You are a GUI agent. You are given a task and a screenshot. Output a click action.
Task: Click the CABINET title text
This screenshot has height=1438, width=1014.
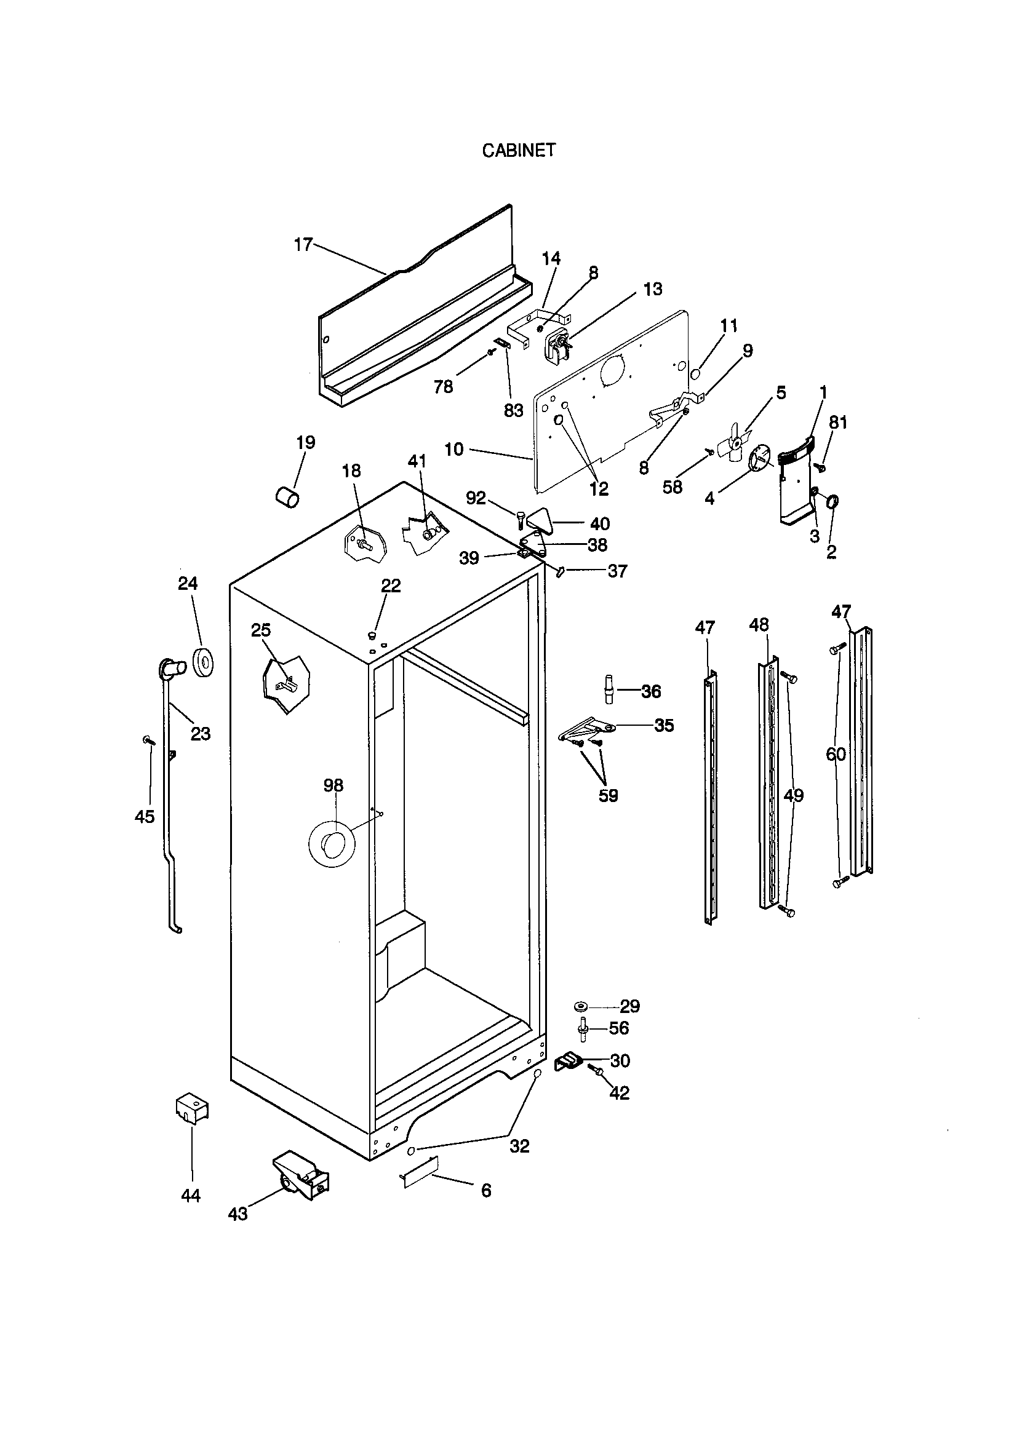[x=518, y=151]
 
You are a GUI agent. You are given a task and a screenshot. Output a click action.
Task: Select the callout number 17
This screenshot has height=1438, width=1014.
[x=303, y=245]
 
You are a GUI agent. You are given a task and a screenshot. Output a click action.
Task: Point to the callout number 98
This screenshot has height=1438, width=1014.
[x=333, y=785]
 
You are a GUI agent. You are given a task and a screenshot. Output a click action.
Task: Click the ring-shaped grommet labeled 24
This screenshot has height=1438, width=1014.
[x=204, y=662]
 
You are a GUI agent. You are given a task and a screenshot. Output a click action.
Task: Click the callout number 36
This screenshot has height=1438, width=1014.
[x=651, y=691]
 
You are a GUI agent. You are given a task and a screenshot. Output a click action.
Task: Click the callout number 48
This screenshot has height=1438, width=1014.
[x=759, y=625]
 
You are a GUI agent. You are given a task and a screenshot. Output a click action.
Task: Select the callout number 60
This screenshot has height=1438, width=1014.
[x=836, y=754]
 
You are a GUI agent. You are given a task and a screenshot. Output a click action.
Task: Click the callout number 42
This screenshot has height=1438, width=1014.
[x=619, y=1093]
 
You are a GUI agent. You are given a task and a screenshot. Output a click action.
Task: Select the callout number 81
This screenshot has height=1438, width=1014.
[x=838, y=423]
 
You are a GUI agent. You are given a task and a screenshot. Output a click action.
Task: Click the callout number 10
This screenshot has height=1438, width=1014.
[x=453, y=449]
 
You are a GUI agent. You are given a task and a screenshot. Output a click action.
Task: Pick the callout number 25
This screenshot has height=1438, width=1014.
[x=261, y=630]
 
